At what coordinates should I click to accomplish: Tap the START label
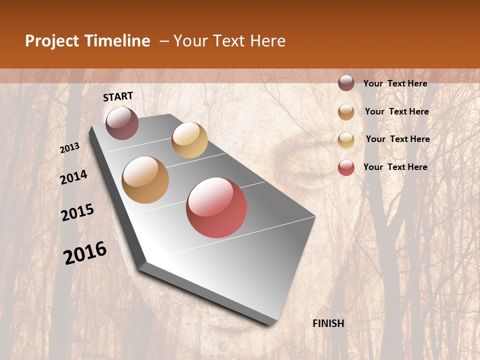pos(118,96)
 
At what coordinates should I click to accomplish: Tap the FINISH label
pos(328,323)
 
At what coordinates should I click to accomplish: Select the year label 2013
pos(69,148)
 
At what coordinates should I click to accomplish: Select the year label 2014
pos(74,177)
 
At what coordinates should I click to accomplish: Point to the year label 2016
pos(85,253)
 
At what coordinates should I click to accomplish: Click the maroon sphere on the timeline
pos(122,123)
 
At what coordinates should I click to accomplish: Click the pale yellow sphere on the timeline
pos(189,140)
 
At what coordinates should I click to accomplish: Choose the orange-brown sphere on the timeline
pos(145,180)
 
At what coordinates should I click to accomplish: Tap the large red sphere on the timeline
pos(216,207)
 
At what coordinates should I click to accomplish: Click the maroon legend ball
pos(346,83)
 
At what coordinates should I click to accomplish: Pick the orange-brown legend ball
pos(346,112)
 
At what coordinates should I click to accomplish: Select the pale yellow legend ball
pos(346,140)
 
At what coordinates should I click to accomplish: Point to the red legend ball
pos(346,168)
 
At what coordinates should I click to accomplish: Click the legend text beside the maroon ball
pos(395,83)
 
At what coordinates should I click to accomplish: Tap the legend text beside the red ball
pos(395,167)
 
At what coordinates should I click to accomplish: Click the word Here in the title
pos(267,41)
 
